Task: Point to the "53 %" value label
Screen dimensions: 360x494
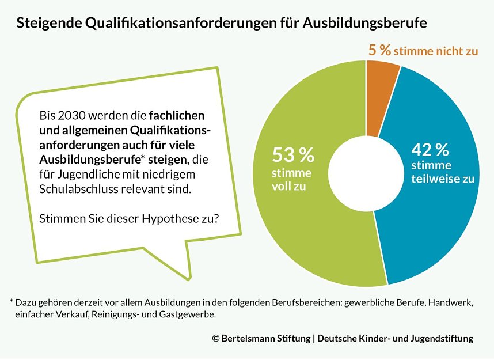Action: click(293, 156)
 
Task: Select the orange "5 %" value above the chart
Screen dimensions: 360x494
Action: click(379, 50)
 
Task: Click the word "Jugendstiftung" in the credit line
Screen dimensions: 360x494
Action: click(442, 339)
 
